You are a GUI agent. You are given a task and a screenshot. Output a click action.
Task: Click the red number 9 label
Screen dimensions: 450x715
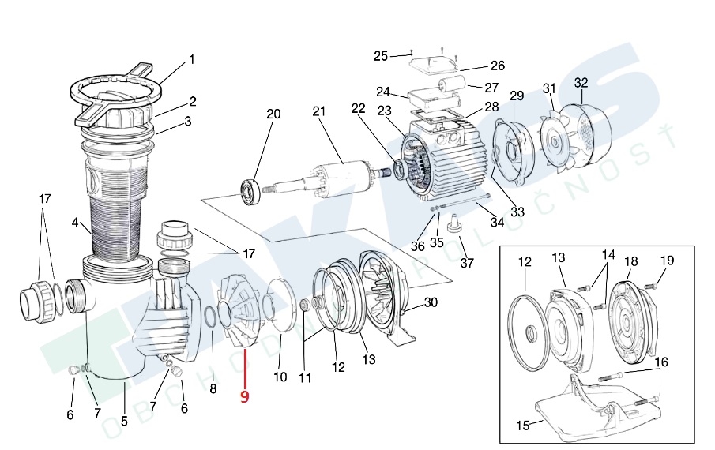tap(244, 396)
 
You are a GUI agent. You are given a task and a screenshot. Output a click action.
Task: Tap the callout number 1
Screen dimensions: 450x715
tap(191, 59)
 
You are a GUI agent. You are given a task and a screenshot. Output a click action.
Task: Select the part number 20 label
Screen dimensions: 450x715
tap(273, 114)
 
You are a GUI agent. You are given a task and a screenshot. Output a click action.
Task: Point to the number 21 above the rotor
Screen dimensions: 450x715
tap(319, 111)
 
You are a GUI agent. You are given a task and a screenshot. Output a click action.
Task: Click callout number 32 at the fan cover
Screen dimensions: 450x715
tap(581, 82)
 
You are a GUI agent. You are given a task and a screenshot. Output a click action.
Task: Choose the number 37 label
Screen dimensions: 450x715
tap(467, 263)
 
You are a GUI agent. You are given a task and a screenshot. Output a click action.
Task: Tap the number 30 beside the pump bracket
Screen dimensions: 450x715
tap(431, 302)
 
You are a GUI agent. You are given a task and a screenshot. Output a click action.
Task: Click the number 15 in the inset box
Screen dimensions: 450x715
tap(523, 426)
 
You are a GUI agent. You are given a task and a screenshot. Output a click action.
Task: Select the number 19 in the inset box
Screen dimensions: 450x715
tap(667, 261)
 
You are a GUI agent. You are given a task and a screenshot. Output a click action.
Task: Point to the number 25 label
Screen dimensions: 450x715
tap(381, 56)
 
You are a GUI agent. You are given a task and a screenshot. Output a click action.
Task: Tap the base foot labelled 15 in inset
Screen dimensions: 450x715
tap(585, 411)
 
